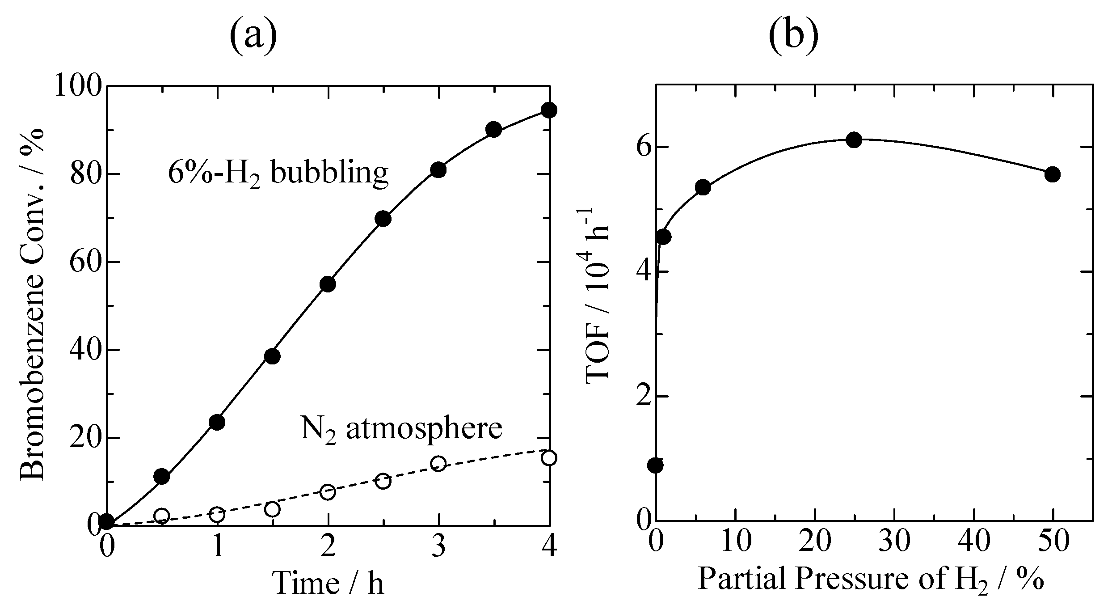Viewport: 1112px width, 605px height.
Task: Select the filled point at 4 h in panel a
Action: click(x=549, y=110)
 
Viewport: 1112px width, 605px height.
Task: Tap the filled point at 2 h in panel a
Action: click(x=328, y=284)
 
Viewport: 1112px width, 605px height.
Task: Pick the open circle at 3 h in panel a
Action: click(x=438, y=464)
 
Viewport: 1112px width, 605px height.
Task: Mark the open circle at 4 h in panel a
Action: click(x=549, y=458)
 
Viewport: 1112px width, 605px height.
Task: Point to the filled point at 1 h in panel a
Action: click(x=217, y=422)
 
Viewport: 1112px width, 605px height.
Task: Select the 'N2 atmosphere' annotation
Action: click(x=401, y=429)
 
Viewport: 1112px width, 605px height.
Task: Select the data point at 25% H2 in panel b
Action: click(x=854, y=140)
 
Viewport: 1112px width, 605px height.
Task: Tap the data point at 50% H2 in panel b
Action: click(x=1053, y=174)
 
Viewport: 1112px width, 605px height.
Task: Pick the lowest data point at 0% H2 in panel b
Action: click(x=656, y=465)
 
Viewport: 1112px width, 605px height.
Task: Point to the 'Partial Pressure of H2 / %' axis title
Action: click(x=872, y=580)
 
